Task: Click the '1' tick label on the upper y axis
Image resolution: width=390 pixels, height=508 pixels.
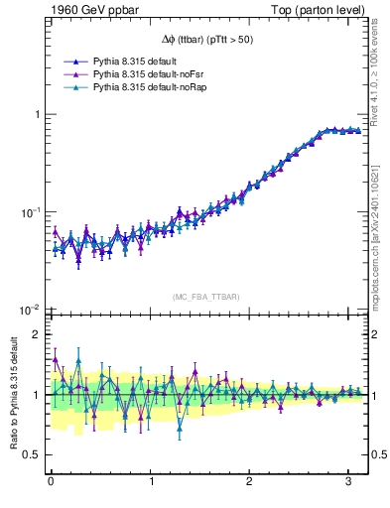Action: point(35,114)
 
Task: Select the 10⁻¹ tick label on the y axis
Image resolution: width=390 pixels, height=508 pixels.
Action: point(28,212)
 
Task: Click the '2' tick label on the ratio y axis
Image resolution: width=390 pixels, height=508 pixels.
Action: point(35,334)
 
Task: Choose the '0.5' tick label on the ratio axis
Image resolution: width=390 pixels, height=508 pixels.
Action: point(30,455)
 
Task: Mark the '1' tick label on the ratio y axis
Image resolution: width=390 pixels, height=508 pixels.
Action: point(35,395)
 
